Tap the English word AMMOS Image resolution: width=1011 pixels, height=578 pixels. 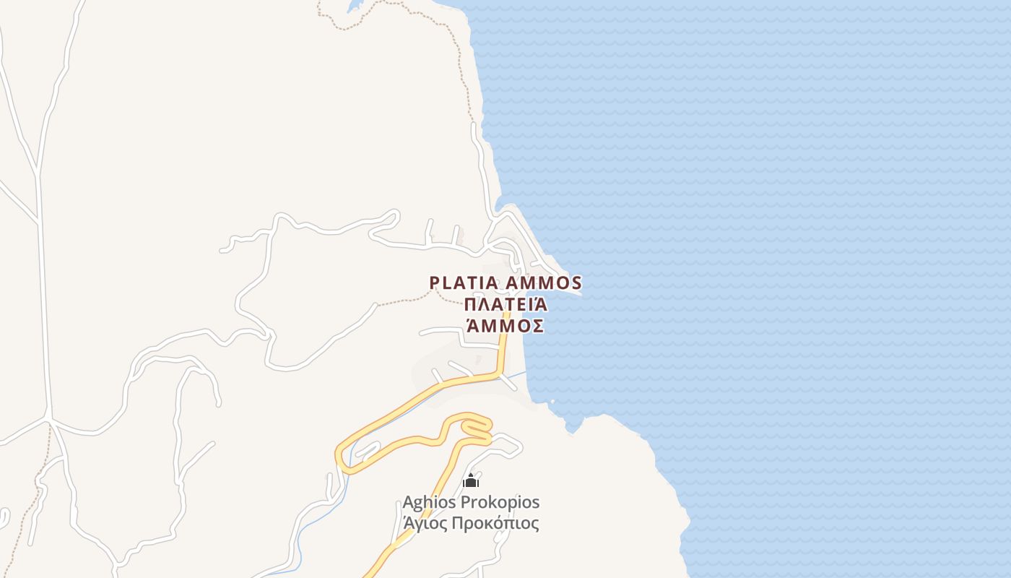[x=543, y=282]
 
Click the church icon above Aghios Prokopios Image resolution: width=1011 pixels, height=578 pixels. [x=471, y=481]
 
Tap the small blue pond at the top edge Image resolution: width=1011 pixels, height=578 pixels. [x=354, y=6]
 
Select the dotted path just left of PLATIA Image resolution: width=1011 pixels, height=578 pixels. [x=404, y=300]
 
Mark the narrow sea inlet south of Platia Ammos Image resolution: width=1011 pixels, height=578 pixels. [x=574, y=426]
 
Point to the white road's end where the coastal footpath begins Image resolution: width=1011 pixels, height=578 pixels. [x=474, y=124]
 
